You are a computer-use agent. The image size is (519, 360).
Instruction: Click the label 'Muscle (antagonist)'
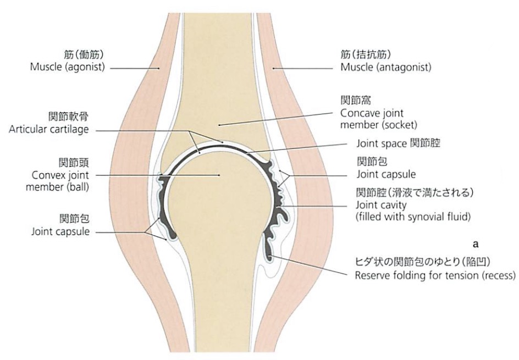click(x=385, y=68)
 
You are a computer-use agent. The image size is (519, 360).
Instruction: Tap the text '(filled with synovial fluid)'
click(x=413, y=217)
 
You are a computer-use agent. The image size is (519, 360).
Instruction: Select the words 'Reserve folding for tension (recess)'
click(x=435, y=275)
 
